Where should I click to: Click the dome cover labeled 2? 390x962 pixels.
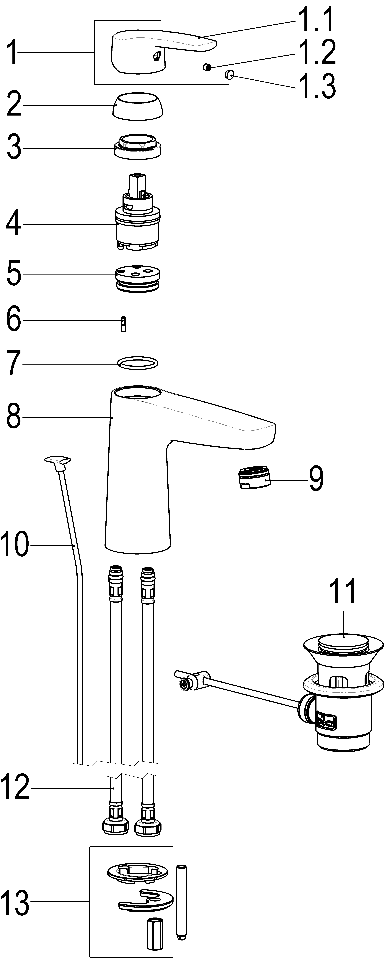(138, 106)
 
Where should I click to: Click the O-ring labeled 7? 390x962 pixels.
(137, 363)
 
